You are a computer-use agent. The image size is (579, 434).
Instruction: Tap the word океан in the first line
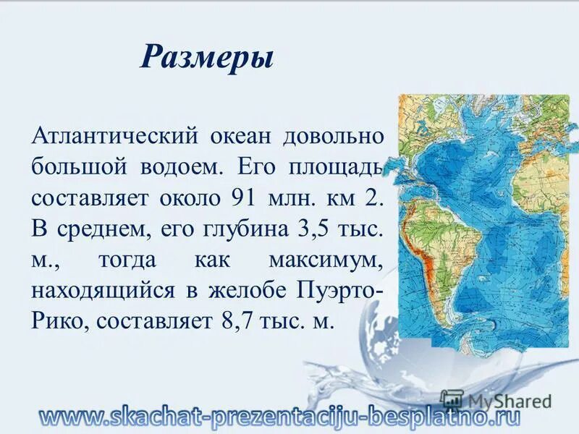(241, 135)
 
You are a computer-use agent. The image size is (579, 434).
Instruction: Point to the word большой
(76, 166)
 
